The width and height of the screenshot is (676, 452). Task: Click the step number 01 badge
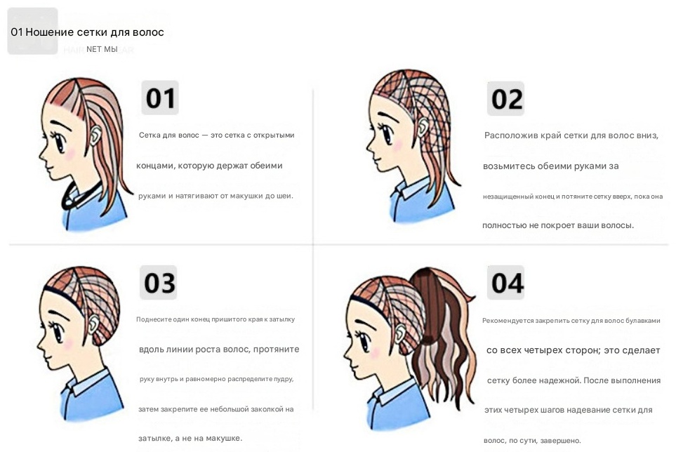[160, 98]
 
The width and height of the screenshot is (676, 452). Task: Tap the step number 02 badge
[505, 99]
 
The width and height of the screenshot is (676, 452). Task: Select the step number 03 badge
[158, 283]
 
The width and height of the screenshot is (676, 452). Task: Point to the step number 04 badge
[505, 283]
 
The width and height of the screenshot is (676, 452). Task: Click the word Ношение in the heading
[49, 32]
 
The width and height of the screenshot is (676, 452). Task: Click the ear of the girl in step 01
[95, 135]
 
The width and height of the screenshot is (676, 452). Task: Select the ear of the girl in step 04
[401, 333]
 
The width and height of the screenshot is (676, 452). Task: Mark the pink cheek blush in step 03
[67, 344]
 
